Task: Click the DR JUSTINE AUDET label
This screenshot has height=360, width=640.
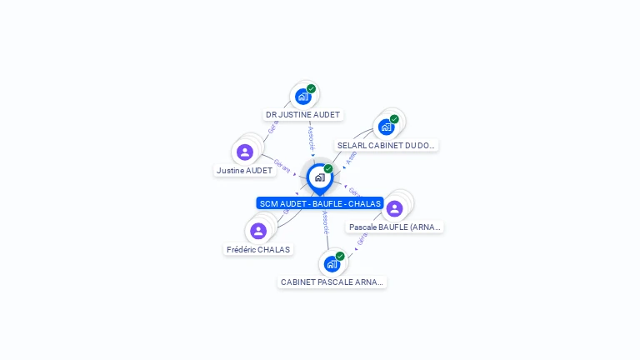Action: pos(302,115)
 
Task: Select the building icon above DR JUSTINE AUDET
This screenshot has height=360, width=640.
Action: pos(303,97)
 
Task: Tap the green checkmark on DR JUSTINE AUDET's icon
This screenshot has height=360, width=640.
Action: pos(312,88)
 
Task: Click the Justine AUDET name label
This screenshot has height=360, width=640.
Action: pos(244,170)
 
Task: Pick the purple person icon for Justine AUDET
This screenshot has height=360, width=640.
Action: pos(244,152)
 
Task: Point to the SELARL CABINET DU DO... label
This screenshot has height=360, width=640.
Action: pos(386,145)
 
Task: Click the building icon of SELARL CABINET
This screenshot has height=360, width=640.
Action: pos(386,127)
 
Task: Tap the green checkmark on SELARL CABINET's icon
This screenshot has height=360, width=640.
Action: pos(394,119)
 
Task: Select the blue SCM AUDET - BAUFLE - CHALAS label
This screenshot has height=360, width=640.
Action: pos(320,203)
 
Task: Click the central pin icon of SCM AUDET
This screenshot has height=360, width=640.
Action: pos(319,177)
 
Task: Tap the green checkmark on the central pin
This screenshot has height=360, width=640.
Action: pos(328,169)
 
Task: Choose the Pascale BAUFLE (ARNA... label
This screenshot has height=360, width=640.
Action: pos(395,227)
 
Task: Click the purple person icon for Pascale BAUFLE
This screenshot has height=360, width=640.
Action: pos(395,208)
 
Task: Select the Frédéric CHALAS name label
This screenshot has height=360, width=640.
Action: pos(258,249)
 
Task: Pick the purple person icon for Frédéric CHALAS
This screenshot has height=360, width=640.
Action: pos(258,231)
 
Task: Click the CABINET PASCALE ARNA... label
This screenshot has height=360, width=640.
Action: pos(332,282)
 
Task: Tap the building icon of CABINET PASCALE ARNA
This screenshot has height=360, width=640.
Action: pos(332,264)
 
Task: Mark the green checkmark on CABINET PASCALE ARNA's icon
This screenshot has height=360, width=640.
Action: pos(340,256)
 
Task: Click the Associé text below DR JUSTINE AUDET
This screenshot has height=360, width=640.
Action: pos(311,137)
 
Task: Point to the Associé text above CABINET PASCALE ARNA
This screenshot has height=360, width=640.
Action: pos(325,222)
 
